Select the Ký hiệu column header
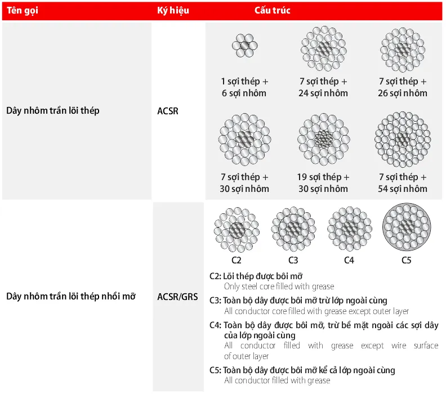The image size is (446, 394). tap(173, 11)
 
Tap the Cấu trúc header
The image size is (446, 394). tap(273, 11)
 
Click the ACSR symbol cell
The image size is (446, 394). tap(168, 111)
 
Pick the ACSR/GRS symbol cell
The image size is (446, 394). tap(177, 296)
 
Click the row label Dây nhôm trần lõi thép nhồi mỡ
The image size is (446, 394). tap(71, 296)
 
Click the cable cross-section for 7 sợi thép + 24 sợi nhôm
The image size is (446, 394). tap(323, 48)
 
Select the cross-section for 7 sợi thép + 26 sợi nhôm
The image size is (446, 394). tap(403, 48)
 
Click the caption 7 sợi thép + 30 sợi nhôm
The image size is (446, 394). tap(244, 183)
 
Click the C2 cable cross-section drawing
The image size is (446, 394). tap(237, 230)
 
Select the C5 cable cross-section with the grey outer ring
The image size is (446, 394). tap(406, 229)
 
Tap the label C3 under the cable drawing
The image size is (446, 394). tap(293, 261)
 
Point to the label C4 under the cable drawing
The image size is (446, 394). tap(349, 261)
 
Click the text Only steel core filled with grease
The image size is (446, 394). tap(279, 286)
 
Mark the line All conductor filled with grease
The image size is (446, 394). tap(277, 380)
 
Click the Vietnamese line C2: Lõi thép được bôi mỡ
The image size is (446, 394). tap(256, 276)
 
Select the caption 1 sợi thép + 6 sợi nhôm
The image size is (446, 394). tap(244, 87)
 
